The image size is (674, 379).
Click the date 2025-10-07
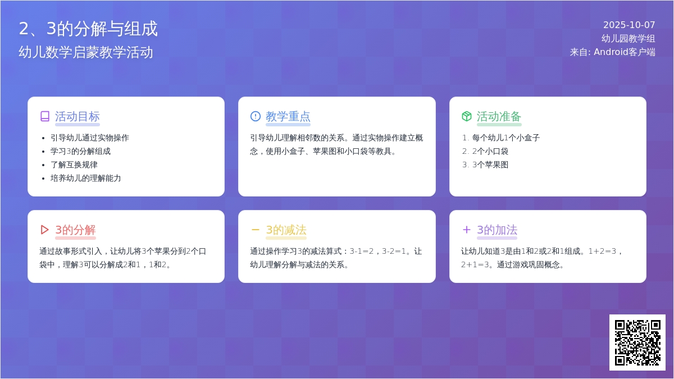pos(629,25)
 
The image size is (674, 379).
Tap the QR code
pos(637,343)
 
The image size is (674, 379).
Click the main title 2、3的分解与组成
pos(88,29)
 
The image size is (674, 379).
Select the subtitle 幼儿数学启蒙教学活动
pos(86,52)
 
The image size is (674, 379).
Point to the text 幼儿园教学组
pos(629,39)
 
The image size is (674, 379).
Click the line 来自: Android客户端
pos(612,52)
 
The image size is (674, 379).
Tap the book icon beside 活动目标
pos(45,116)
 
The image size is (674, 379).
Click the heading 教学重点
pos(288,116)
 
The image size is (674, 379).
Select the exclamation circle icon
pos(256,116)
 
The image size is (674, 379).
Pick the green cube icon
pos(467,116)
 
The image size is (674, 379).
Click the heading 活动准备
pos(499,116)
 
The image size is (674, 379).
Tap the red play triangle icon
pos(44,230)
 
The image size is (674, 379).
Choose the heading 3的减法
pos(286,230)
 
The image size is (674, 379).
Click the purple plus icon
pos(466,230)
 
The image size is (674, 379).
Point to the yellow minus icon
pos(255,230)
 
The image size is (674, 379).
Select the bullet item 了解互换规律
pos(74,165)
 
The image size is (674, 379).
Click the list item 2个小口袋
pos(490,151)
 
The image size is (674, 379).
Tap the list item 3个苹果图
pos(490,165)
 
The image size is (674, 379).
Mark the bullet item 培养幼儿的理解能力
pos(86,179)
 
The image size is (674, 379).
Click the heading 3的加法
pos(497,230)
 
